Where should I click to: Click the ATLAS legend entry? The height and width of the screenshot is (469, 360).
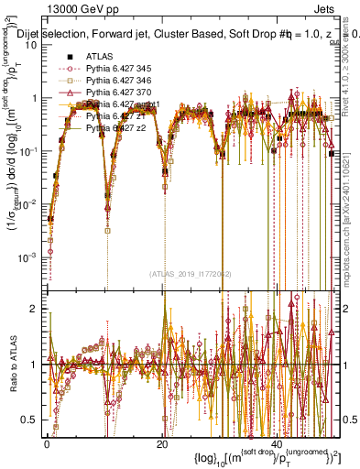pyautogui.click(x=99, y=56)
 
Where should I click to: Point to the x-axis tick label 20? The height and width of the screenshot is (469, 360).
pyautogui.click(x=162, y=444)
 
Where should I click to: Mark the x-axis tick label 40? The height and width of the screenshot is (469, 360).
pyautogui.click(x=277, y=444)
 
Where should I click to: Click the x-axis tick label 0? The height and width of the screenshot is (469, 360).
pyautogui.click(x=47, y=444)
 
